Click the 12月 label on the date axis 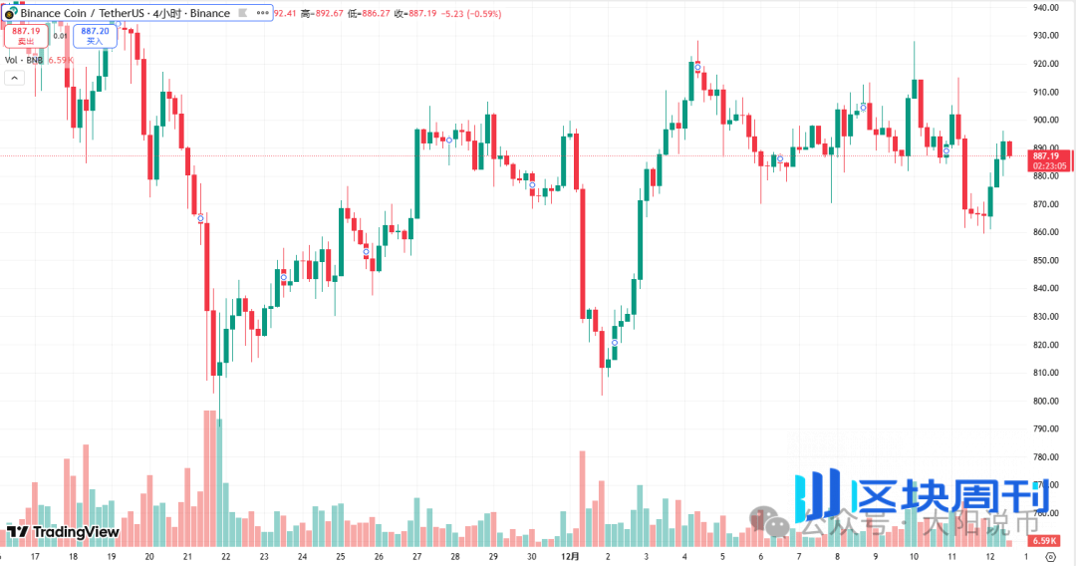[570, 557]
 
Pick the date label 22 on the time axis [226, 557]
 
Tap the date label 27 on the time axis [416, 557]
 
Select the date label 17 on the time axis [36, 557]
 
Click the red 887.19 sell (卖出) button [26, 36]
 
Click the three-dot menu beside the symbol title [261, 13]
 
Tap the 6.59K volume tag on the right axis [1045, 540]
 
